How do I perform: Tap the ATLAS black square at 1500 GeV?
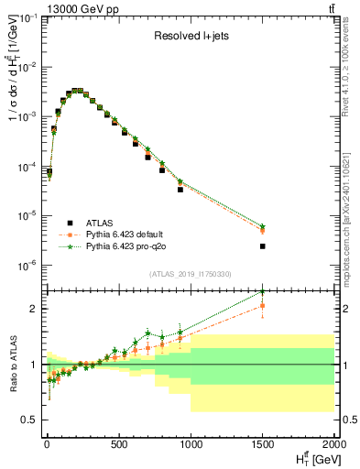click(263, 245)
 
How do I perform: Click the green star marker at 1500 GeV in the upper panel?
click(263, 225)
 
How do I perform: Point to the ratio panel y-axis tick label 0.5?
click(29, 420)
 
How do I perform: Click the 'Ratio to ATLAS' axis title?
click(11, 364)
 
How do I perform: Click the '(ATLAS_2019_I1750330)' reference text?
click(189, 274)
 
